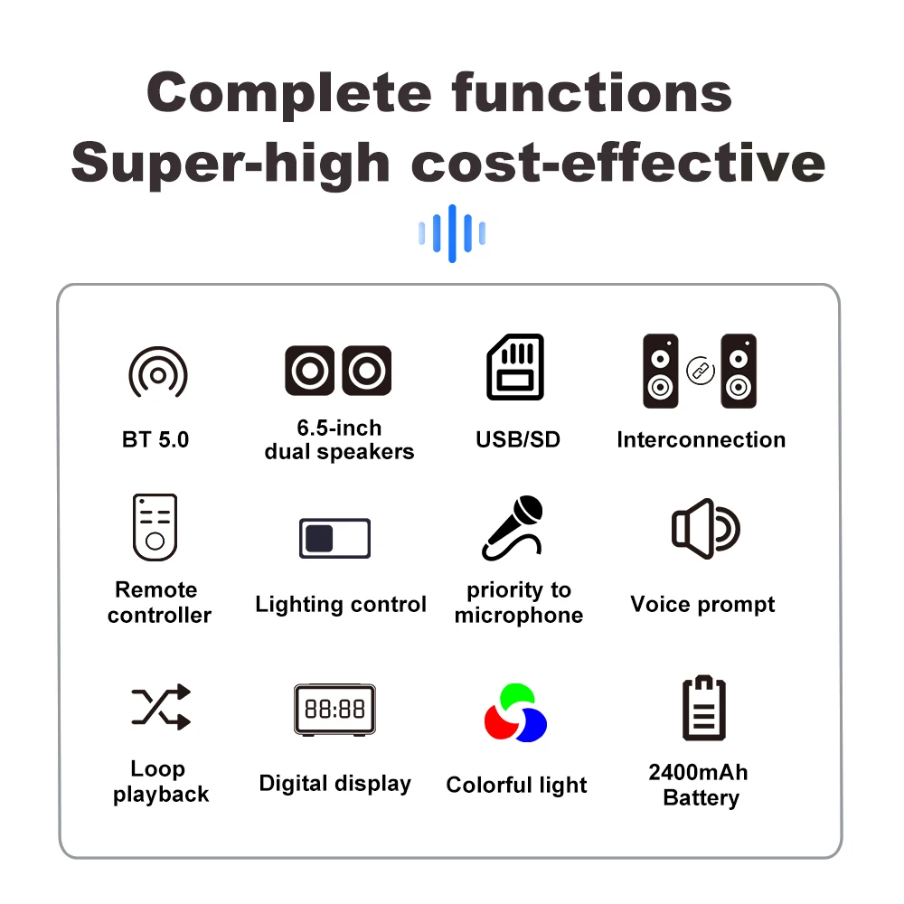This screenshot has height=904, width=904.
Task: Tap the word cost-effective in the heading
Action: (x=618, y=163)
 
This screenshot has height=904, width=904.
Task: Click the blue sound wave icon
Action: (x=452, y=233)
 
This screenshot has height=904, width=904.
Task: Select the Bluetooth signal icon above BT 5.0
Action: (x=158, y=372)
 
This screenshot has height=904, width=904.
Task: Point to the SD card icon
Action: (x=515, y=367)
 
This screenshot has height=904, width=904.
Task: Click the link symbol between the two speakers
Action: (x=701, y=371)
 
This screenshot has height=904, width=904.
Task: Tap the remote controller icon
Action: (x=155, y=527)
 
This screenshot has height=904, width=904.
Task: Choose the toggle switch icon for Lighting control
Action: (x=335, y=538)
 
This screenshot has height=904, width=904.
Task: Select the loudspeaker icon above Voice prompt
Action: (x=705, y=529)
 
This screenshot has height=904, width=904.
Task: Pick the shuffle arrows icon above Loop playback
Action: (x=161, y=706)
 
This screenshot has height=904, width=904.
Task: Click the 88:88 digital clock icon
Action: (x=335, y=709)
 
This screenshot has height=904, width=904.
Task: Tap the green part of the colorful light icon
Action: (x=516, y=696)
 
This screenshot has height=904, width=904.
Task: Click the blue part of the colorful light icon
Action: (x=532, y=725)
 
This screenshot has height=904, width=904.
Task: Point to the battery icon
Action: (x=704, y=708)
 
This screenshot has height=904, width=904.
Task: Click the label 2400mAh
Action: (x=698, y=772)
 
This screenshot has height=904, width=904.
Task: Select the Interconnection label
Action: (x=702, y=440)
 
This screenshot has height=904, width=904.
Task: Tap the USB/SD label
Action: (x=518, y=440)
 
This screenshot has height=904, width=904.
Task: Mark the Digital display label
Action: (x=335, y=784)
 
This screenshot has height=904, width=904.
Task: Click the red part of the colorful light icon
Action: (x=499, y=723)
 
